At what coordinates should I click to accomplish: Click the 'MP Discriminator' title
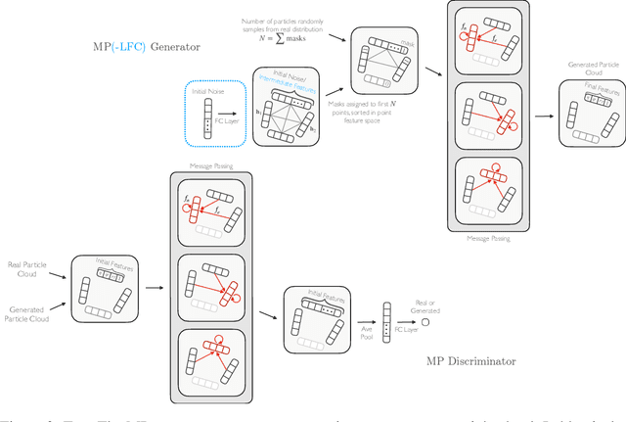pos(471,360)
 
